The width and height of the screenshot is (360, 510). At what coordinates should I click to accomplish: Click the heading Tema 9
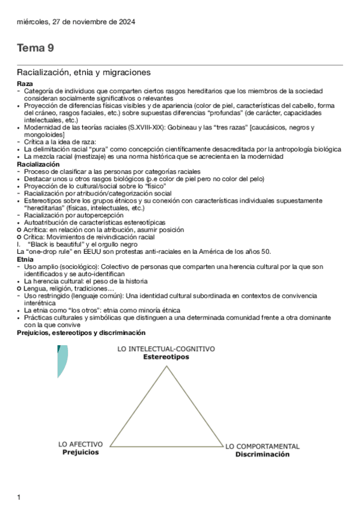pos(35,48)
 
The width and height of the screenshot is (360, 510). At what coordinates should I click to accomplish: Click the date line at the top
pos(76,22)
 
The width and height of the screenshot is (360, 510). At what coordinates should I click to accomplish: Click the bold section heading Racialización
pos(38,164)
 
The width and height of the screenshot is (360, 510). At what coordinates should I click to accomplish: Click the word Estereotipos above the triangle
pos(166,357)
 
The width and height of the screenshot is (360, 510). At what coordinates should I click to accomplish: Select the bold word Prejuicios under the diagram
pos(81,452)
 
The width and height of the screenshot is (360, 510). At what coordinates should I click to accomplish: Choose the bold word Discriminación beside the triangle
pos(262,454)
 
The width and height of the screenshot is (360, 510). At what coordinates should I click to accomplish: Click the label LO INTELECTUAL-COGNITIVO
pos(166,349)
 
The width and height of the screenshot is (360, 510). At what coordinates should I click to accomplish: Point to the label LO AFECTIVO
pos(81,444)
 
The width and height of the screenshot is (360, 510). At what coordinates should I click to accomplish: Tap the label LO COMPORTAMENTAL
pos(262,446)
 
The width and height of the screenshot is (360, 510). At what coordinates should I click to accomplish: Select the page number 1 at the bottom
pos(19,497)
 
